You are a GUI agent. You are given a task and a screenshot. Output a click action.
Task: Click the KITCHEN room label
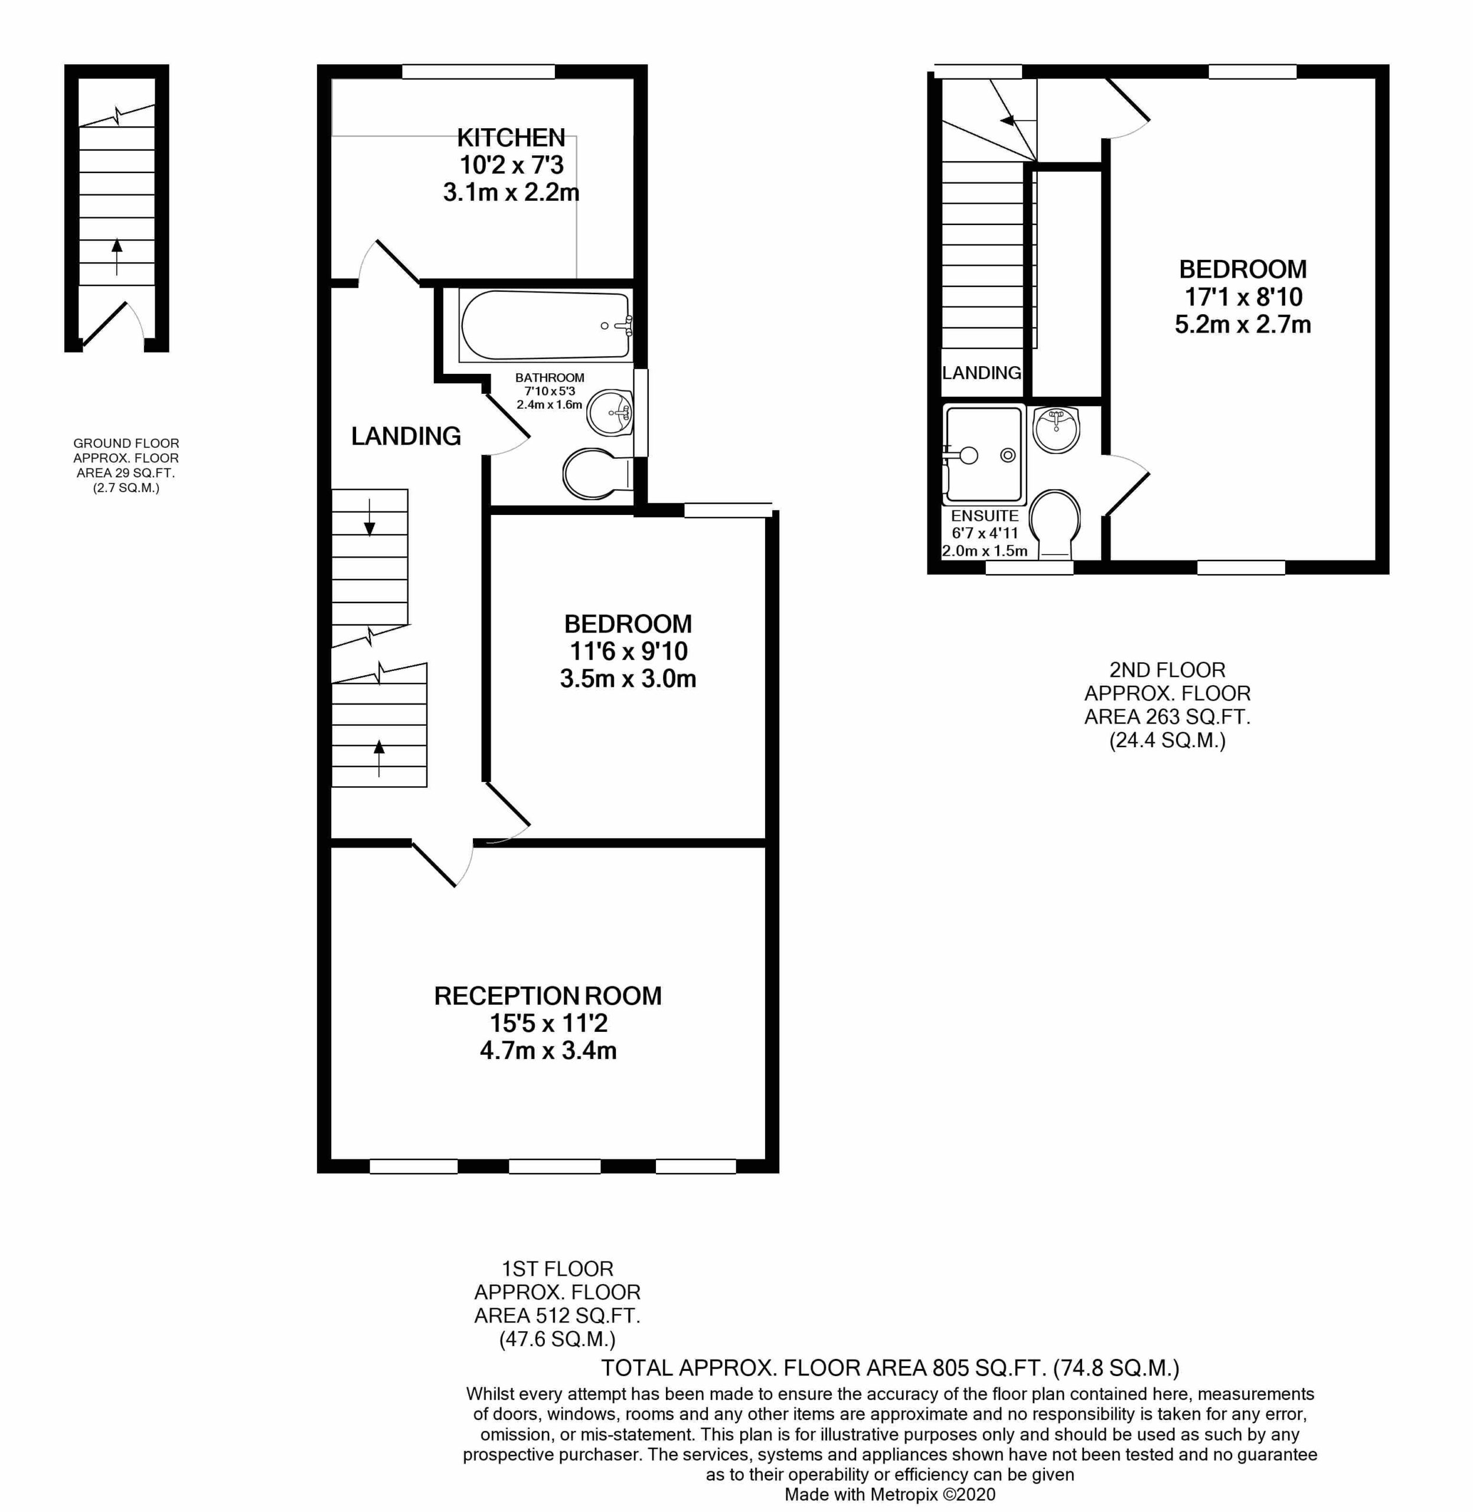(511, 138)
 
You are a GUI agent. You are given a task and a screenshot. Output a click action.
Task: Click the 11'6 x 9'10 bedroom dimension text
(628, 651)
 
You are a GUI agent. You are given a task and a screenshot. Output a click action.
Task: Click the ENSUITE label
(984, 516)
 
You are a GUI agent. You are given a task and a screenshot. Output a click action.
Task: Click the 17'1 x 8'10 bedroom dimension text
(1243, 296)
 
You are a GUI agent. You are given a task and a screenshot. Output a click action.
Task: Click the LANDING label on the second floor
(981, 373)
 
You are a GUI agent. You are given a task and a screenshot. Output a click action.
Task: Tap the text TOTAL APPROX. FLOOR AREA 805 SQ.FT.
(890, 1369)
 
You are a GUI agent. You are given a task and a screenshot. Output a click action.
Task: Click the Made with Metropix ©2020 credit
(890, 1495)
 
